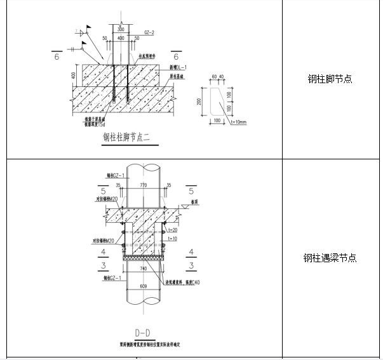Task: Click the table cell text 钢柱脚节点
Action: click(x=330, y=79)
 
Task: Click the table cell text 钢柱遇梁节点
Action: click(x=330, y=258)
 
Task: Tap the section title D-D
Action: click(x=142, y=333)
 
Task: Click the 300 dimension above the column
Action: click(x=121, y=30)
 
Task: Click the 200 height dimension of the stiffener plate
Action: click(x=198, y=102)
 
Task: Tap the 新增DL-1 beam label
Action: click(x=177, y=67)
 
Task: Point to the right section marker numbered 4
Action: click(x=191, y=252)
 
